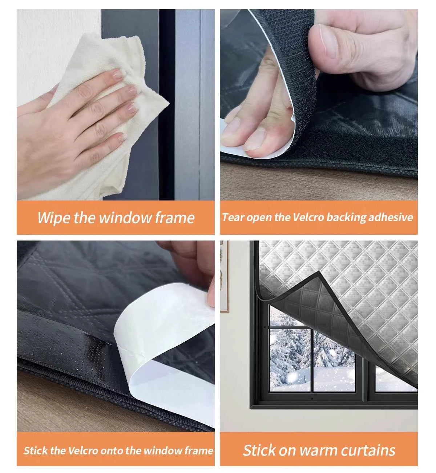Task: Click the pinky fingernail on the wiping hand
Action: click(x=120, y=137)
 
